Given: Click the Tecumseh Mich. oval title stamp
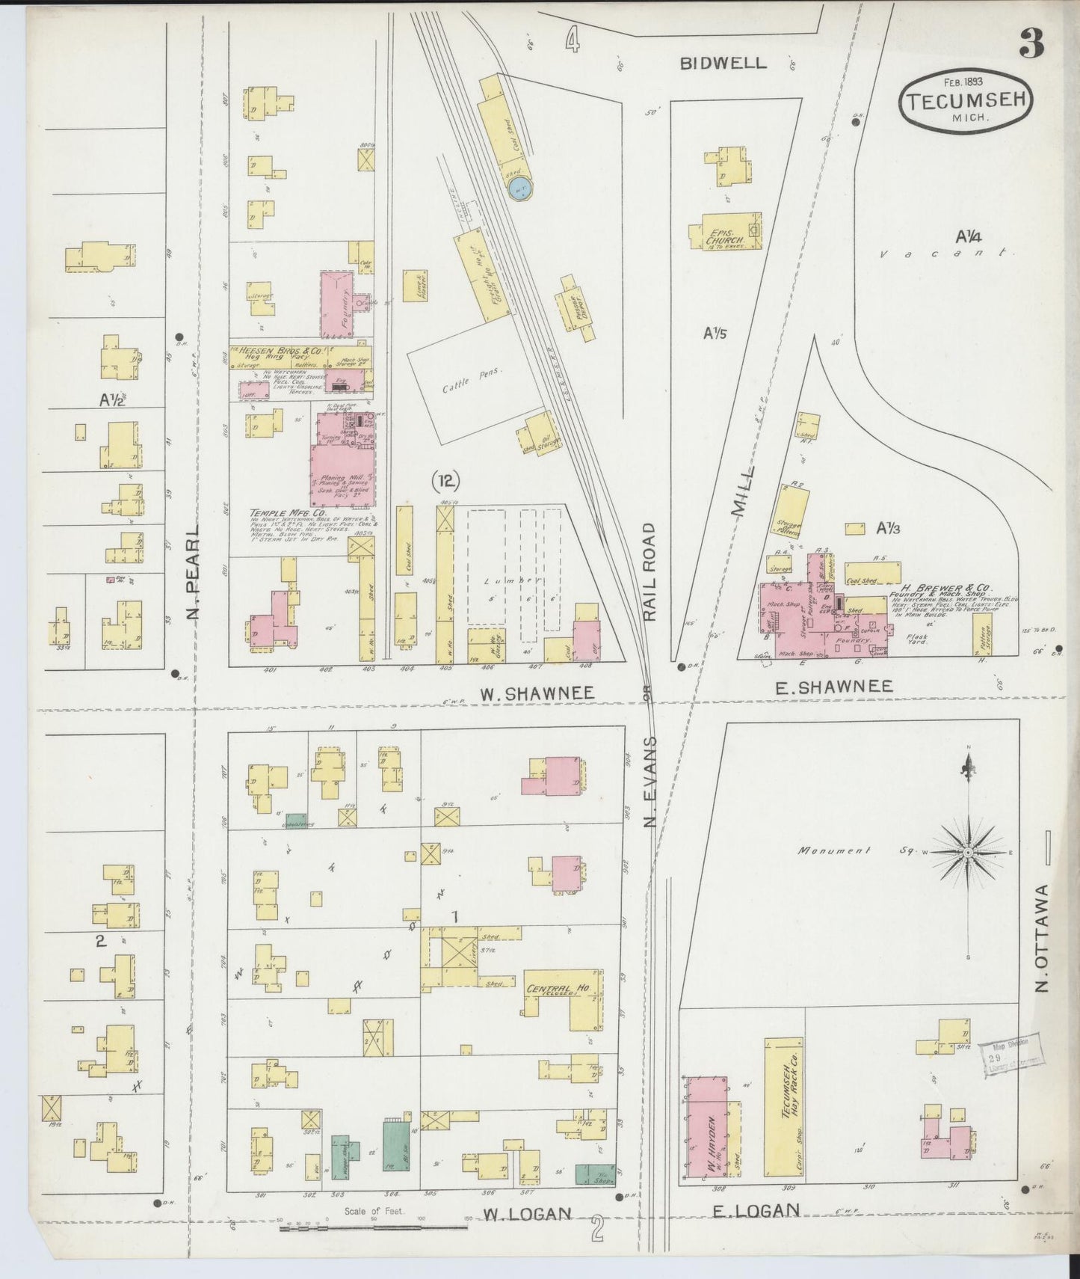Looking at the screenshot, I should tap(966, 105).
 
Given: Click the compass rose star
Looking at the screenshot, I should tap(967, 852).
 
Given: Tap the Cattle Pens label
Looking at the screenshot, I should tap(463, 384).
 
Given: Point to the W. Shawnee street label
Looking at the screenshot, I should tap(537, 693).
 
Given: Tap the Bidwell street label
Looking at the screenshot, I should tap(723, 63).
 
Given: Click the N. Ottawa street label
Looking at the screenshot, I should tap(1043, 938).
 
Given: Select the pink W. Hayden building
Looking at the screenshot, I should tap(705, 1135).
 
